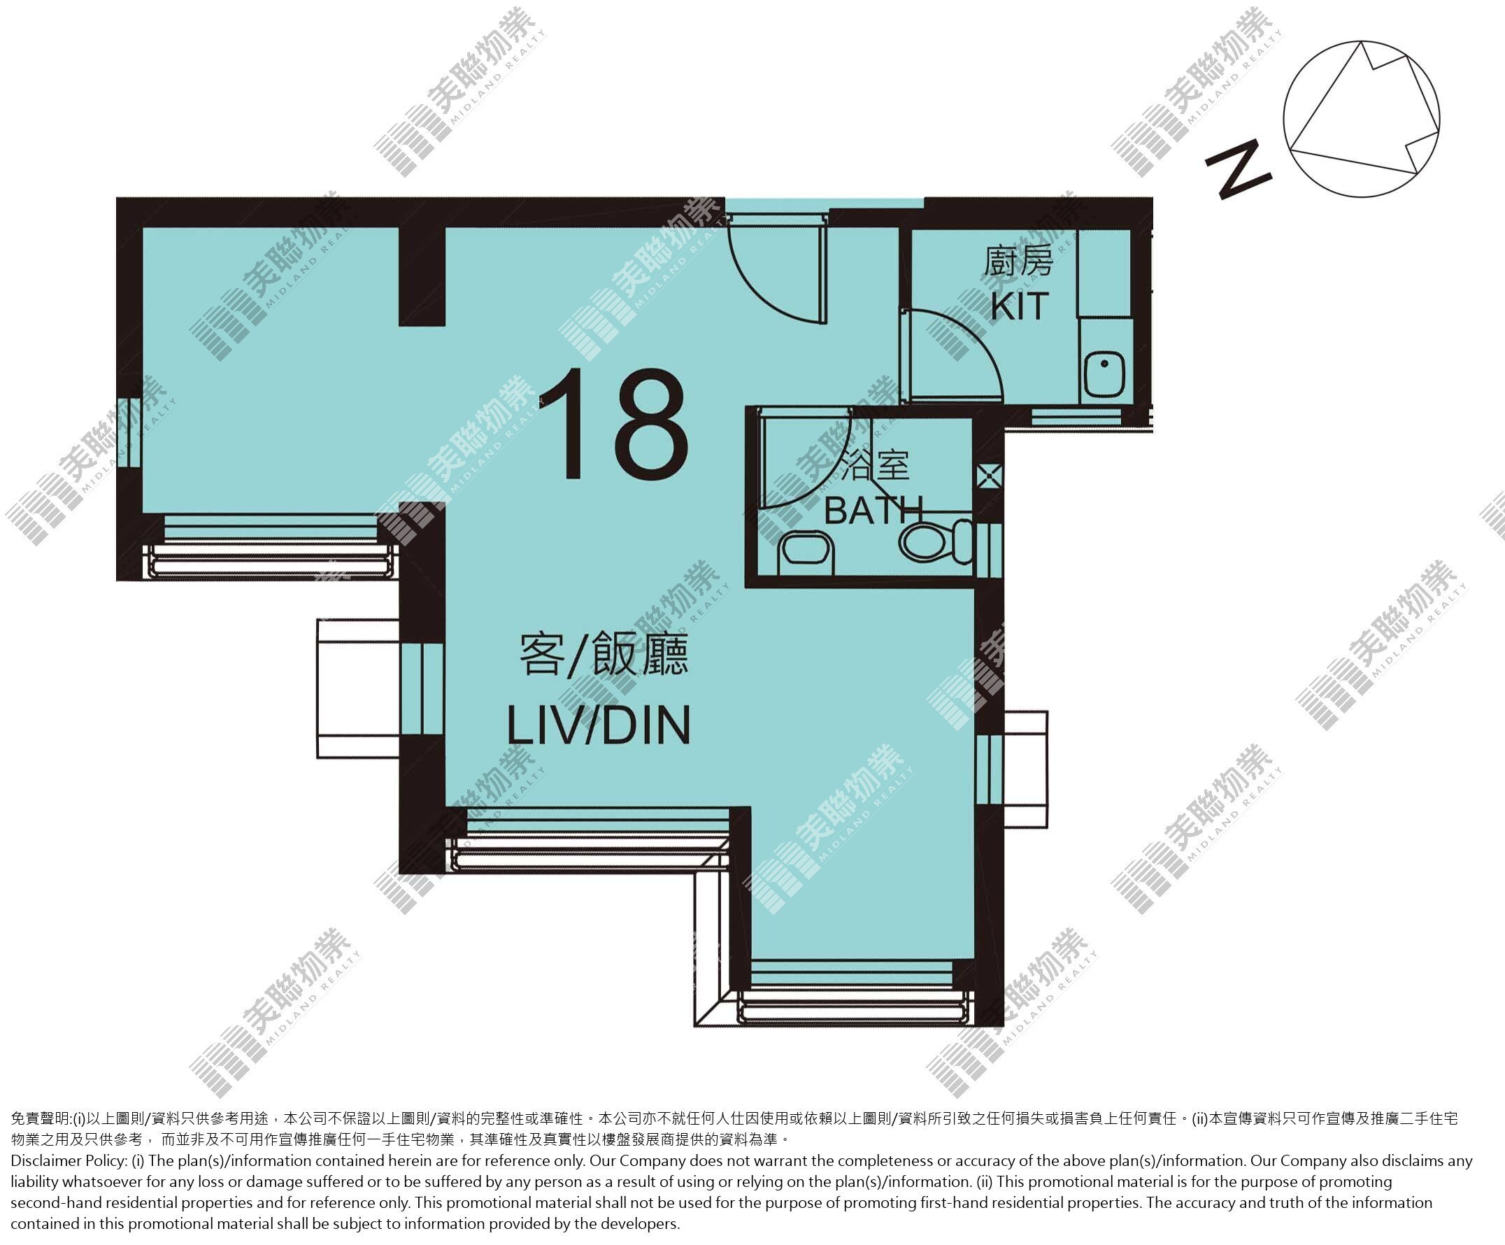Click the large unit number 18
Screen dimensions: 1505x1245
(615, 425)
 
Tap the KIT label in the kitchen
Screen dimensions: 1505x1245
(1020, 306)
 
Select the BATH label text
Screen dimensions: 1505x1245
(873, 511)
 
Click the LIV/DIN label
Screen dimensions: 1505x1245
(599, 725)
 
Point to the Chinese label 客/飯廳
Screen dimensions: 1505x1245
(604, 654)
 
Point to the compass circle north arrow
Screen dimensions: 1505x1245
(1361, 119)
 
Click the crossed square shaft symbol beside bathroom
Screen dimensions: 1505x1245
(990, 475)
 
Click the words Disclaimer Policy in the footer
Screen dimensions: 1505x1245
(69, 1160)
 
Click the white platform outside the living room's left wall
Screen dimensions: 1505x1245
(358, 689)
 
